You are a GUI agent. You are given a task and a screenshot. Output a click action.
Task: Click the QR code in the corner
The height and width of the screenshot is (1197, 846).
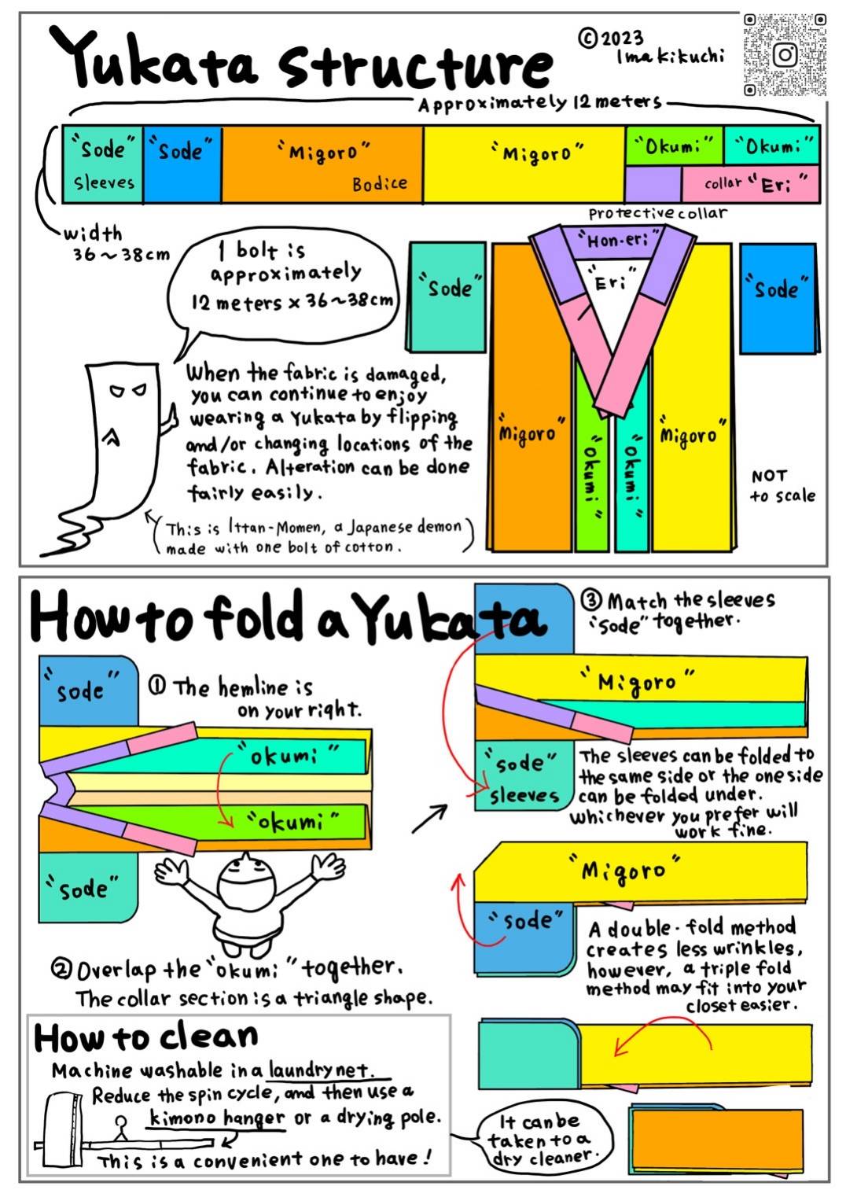tap(785, 55)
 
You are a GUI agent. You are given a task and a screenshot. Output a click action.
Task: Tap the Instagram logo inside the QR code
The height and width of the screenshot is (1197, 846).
tap(785, 54)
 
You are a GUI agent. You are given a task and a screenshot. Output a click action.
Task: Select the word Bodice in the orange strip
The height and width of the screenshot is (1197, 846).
tap(379, 184)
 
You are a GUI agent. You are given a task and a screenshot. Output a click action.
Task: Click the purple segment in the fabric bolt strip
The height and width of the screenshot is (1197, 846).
tap(653, 184)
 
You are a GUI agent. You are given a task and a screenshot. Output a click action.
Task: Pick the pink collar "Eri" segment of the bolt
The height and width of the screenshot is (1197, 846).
tap(750, 184)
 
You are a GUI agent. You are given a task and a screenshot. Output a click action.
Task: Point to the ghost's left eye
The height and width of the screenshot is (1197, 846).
tap(116, 392)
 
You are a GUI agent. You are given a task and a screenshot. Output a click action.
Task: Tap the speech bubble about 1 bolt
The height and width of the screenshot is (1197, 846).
tap(283, 291)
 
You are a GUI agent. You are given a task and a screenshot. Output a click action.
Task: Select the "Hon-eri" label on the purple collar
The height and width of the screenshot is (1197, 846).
tap(618, 241)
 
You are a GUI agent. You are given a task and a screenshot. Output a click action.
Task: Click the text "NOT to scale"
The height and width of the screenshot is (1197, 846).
tap(782, 486)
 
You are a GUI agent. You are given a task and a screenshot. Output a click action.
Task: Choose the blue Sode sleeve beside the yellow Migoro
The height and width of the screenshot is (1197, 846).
tap(779, 298)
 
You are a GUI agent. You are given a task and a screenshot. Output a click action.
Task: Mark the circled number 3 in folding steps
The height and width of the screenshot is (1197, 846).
tap(591, 600)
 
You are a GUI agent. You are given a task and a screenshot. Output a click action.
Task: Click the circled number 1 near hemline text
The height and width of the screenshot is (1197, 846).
tap(156, 686)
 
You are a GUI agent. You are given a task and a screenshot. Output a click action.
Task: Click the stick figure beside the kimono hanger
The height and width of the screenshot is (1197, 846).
tap(122, 1127)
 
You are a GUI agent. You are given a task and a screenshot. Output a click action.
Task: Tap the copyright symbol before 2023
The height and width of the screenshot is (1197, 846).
tap(587, 38)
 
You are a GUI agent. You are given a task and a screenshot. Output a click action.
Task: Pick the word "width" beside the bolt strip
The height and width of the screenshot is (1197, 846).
tap(93, 234)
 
